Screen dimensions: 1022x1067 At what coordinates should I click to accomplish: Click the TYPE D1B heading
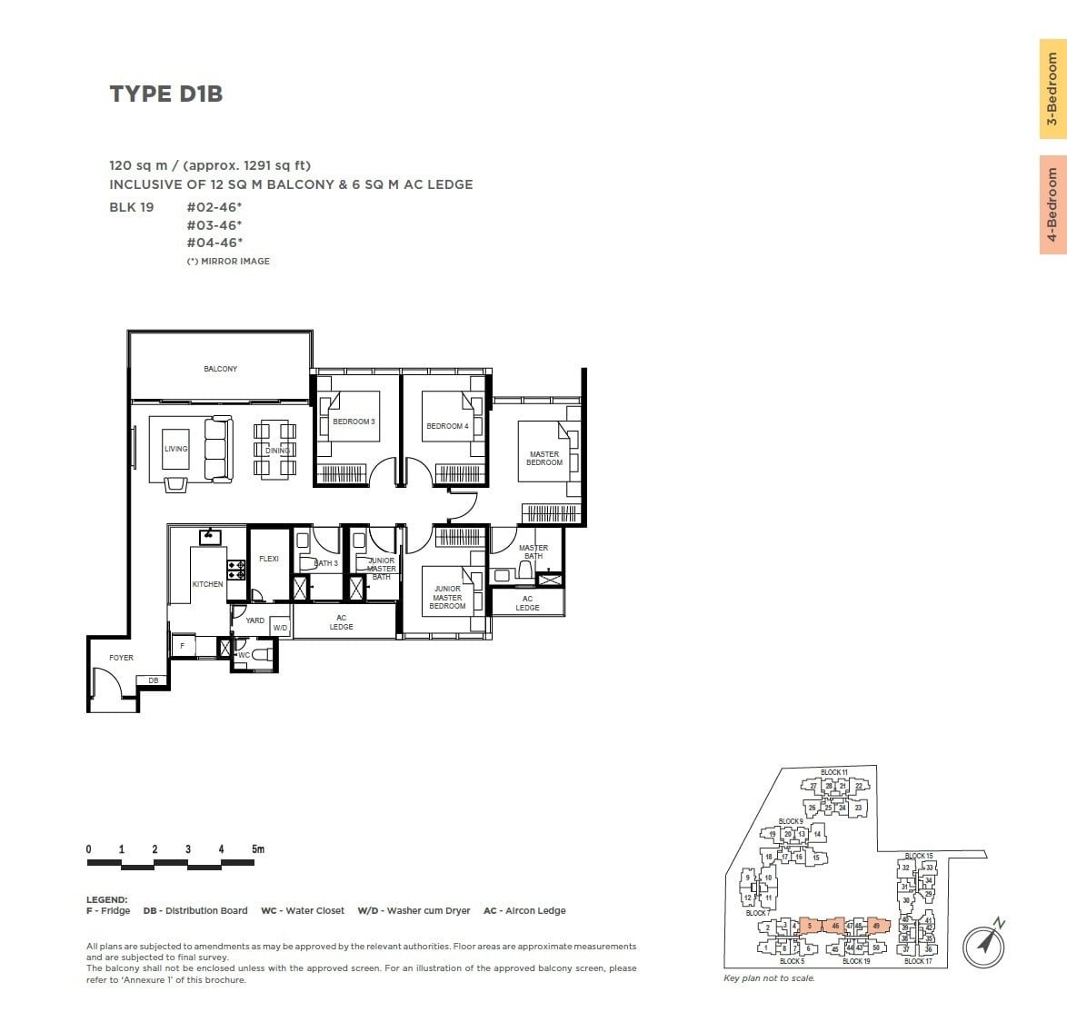click(x=165, y=94)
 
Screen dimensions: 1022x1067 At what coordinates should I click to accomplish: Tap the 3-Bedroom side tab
click(x=1052, y=89)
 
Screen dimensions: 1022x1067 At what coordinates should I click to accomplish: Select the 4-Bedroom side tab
click(x=1052, y=204)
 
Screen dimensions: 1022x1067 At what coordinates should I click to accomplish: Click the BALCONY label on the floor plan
click(x=220, y=369)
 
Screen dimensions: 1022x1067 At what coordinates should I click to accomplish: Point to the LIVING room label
click(x=175, y=449)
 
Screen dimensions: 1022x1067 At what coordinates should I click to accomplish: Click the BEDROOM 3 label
click(x=354, y=422)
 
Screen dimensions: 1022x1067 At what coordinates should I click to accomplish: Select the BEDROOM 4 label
click(x=447, y=426)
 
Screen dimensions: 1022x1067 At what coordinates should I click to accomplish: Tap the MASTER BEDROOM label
click(x=544, y=459)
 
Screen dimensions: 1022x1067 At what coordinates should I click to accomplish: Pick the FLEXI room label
click(x=269, y=559)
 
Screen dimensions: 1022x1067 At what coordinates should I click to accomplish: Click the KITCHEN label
click(x=207, y=584)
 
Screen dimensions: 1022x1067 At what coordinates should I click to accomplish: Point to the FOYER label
click(x=121, y=658)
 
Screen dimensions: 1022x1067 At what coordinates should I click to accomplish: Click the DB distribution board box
click(x=153, y=680)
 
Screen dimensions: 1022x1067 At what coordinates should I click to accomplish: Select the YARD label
click(x=255, y=621)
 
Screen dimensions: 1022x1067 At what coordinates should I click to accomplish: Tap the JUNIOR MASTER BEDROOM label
click(x=447, y=598)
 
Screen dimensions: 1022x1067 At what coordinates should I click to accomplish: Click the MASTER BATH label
click(x=533, y=551)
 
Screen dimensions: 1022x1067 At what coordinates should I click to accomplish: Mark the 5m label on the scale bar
click(x=258, y=849)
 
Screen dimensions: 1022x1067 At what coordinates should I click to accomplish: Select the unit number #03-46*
click(x=214, y=224)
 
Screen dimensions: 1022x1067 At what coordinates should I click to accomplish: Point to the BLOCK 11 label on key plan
click(x=833, y=772)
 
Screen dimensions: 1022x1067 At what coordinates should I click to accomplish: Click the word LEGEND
click(x=106, y=899)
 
